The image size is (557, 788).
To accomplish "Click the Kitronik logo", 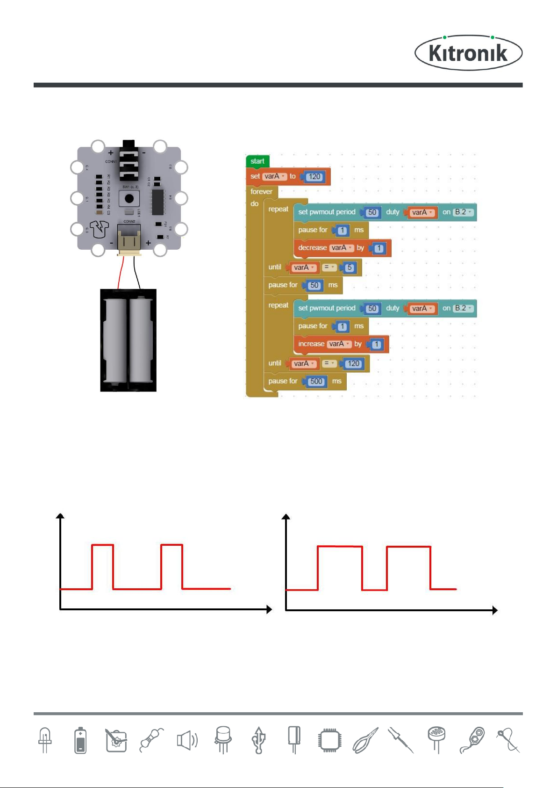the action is point(468,53).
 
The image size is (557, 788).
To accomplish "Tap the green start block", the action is point(257,161).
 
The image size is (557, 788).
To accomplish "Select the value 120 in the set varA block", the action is point(314,177).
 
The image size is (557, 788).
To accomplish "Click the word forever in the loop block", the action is point(261,192).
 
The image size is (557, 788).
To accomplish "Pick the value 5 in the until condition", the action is point(349,268).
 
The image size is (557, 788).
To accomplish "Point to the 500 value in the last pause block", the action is point(316,382).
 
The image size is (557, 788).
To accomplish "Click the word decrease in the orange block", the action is point(312,248).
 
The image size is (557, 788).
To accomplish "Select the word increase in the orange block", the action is point(311,344).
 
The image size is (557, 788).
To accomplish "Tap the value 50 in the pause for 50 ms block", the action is point(314,285).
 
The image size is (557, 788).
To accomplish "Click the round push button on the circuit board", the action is point(129,198).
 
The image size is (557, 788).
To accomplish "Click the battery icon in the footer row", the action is point(80,740).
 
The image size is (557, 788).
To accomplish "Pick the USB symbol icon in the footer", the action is point(258,740).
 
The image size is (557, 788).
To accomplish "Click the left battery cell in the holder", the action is point(115,340).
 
